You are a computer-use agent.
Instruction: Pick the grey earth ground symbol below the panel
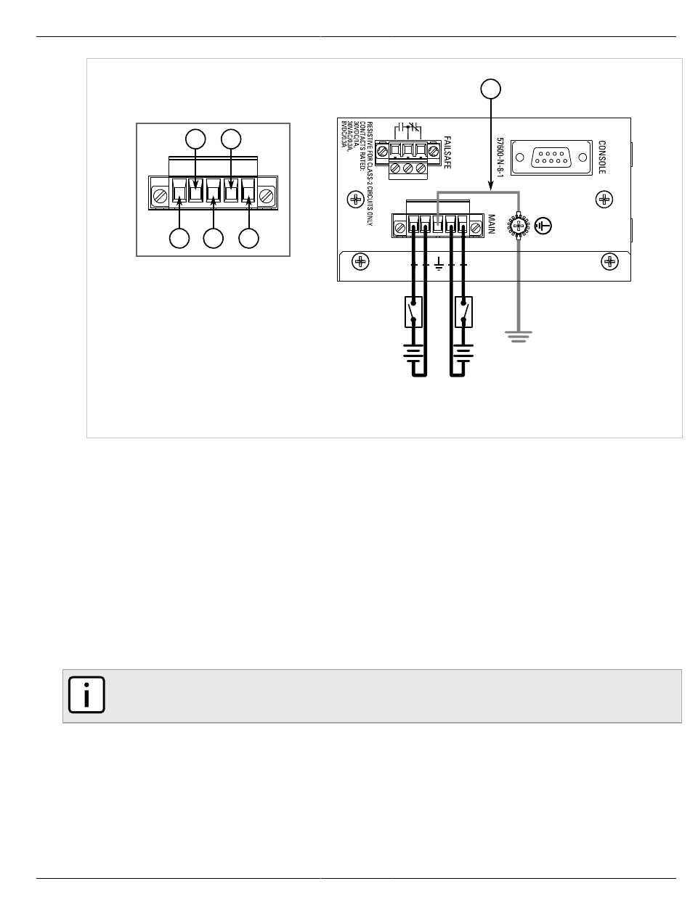(519, 337)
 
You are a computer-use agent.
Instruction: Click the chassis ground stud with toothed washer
(519, 226)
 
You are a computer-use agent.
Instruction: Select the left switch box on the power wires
(414, 312)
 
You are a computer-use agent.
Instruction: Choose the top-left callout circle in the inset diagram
(195, 139)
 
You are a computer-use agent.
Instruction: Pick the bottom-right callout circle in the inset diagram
(249, 239)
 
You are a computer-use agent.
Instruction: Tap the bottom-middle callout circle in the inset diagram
(214, 239)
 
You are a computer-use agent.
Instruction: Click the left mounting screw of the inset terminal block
(158, 194)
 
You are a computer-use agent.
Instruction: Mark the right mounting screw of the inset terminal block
(267, 194)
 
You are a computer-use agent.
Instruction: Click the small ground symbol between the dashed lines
(439, 267)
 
